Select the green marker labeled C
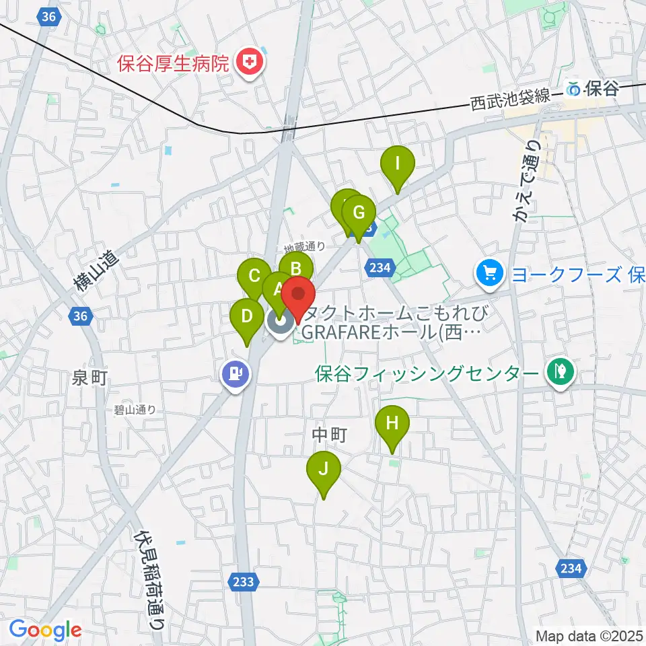[x=254, y=276]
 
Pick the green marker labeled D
[x=247, y=316]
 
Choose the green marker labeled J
[x=324, y=470]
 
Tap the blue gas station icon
[x=236, y=373]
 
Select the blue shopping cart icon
[x=489, y=273]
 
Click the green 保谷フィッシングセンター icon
[x=560, y=371]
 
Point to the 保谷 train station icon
[x=574, y=87]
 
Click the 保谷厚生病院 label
[x=174, y=65]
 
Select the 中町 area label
[x=329, y=436]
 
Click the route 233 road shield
[x=244, y=582]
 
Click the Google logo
[x=46, y=630]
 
